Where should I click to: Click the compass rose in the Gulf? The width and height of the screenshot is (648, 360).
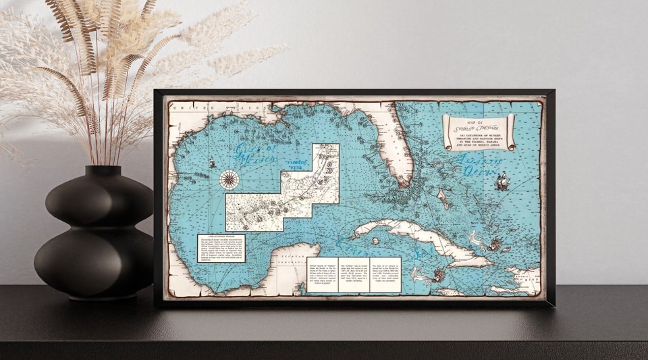[229, 180]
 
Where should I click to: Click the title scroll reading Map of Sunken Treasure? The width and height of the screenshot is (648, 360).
[479, 130]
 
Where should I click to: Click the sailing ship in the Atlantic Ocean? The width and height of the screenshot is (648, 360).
[502, 182]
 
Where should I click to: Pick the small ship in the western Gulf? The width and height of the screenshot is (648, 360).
[212, 163]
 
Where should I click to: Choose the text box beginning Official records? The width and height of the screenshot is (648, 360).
[322, 274]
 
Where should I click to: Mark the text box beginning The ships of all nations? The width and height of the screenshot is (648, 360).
[385, 274]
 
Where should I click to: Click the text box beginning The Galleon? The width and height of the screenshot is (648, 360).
[354, 274]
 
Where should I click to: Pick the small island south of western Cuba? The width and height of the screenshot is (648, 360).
[375, 240]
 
